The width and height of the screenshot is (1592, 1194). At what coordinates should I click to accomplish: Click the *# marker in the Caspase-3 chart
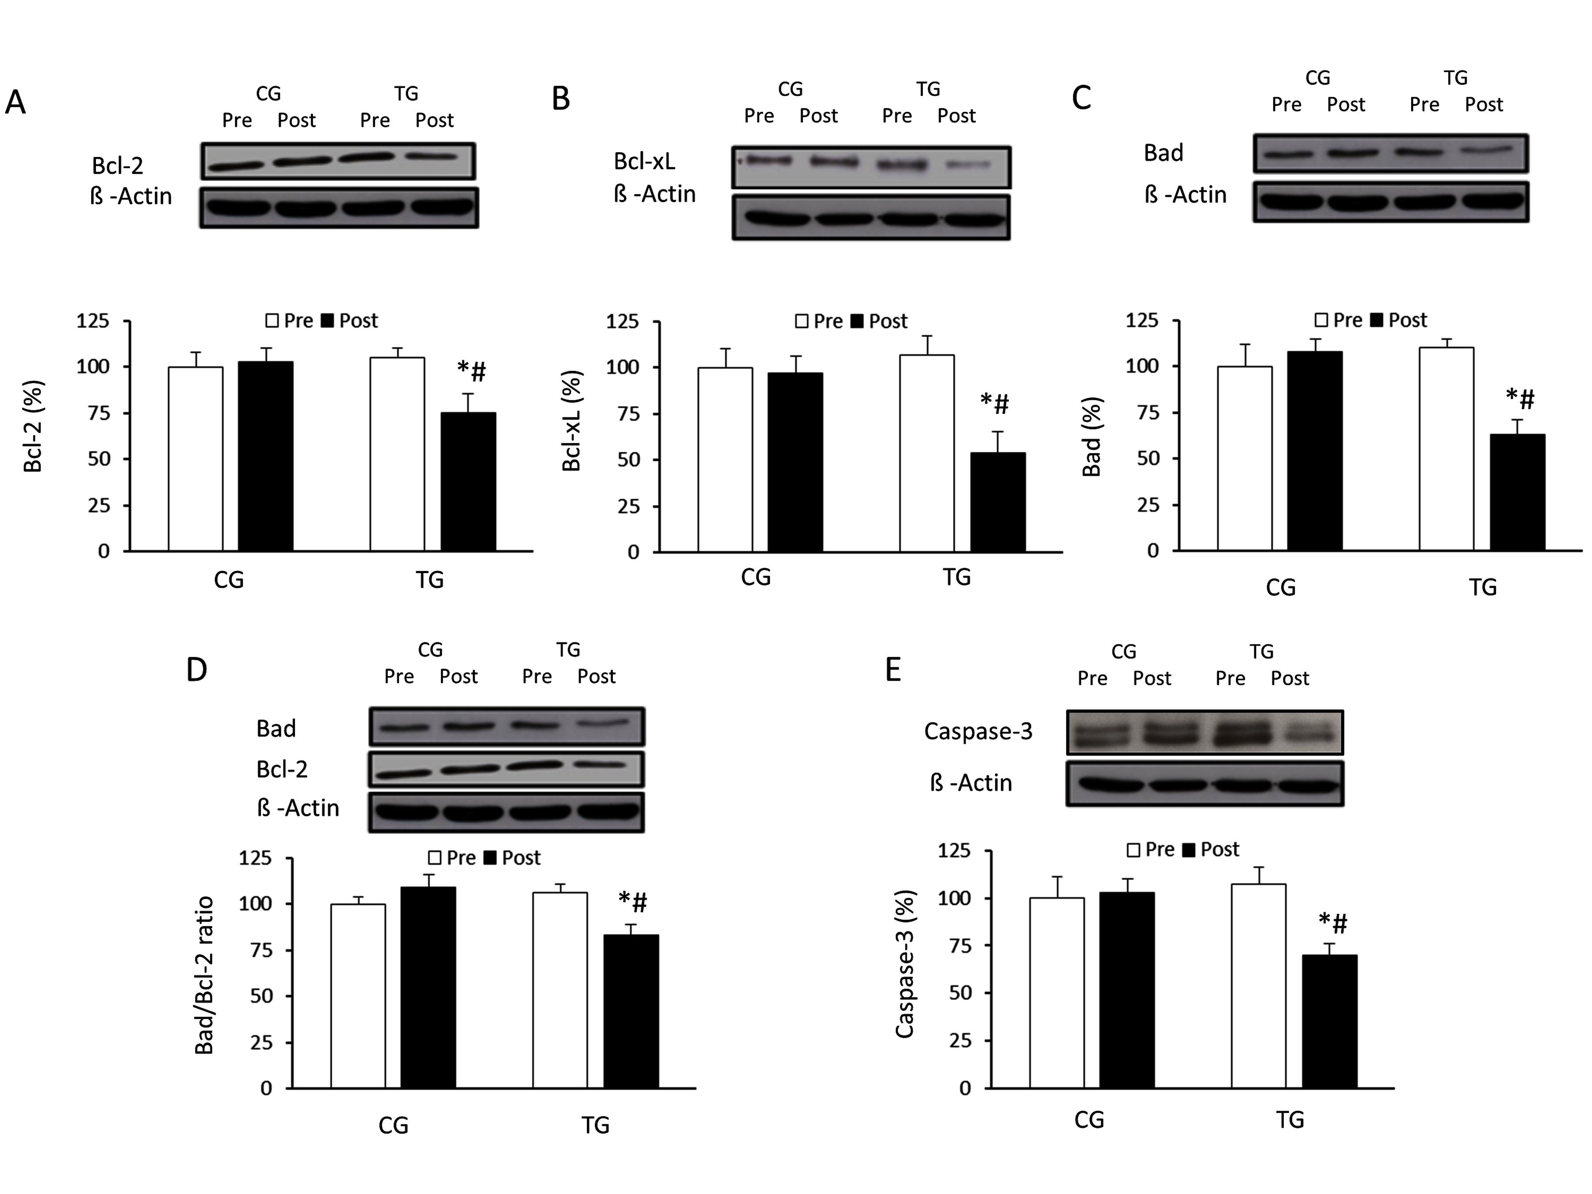[x=1333, y=922]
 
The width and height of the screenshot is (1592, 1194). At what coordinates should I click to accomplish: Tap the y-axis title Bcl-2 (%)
[x=33, y=426]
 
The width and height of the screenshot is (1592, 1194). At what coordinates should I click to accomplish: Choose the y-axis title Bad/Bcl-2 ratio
[x=204, y=975]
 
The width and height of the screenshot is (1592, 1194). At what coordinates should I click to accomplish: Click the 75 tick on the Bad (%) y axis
[x=1148, y=413]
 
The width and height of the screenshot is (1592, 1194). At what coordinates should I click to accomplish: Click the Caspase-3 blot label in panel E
[x=978, y=731]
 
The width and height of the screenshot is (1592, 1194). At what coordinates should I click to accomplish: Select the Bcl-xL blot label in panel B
[x=644, y=161]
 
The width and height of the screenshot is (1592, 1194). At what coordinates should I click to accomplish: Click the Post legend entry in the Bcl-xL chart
[x=880, y=321]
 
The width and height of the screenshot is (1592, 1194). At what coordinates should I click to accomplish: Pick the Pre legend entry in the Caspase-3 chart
[x=1151, y=849]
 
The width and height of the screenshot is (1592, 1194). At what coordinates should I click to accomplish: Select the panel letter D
[x=196, y=670]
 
